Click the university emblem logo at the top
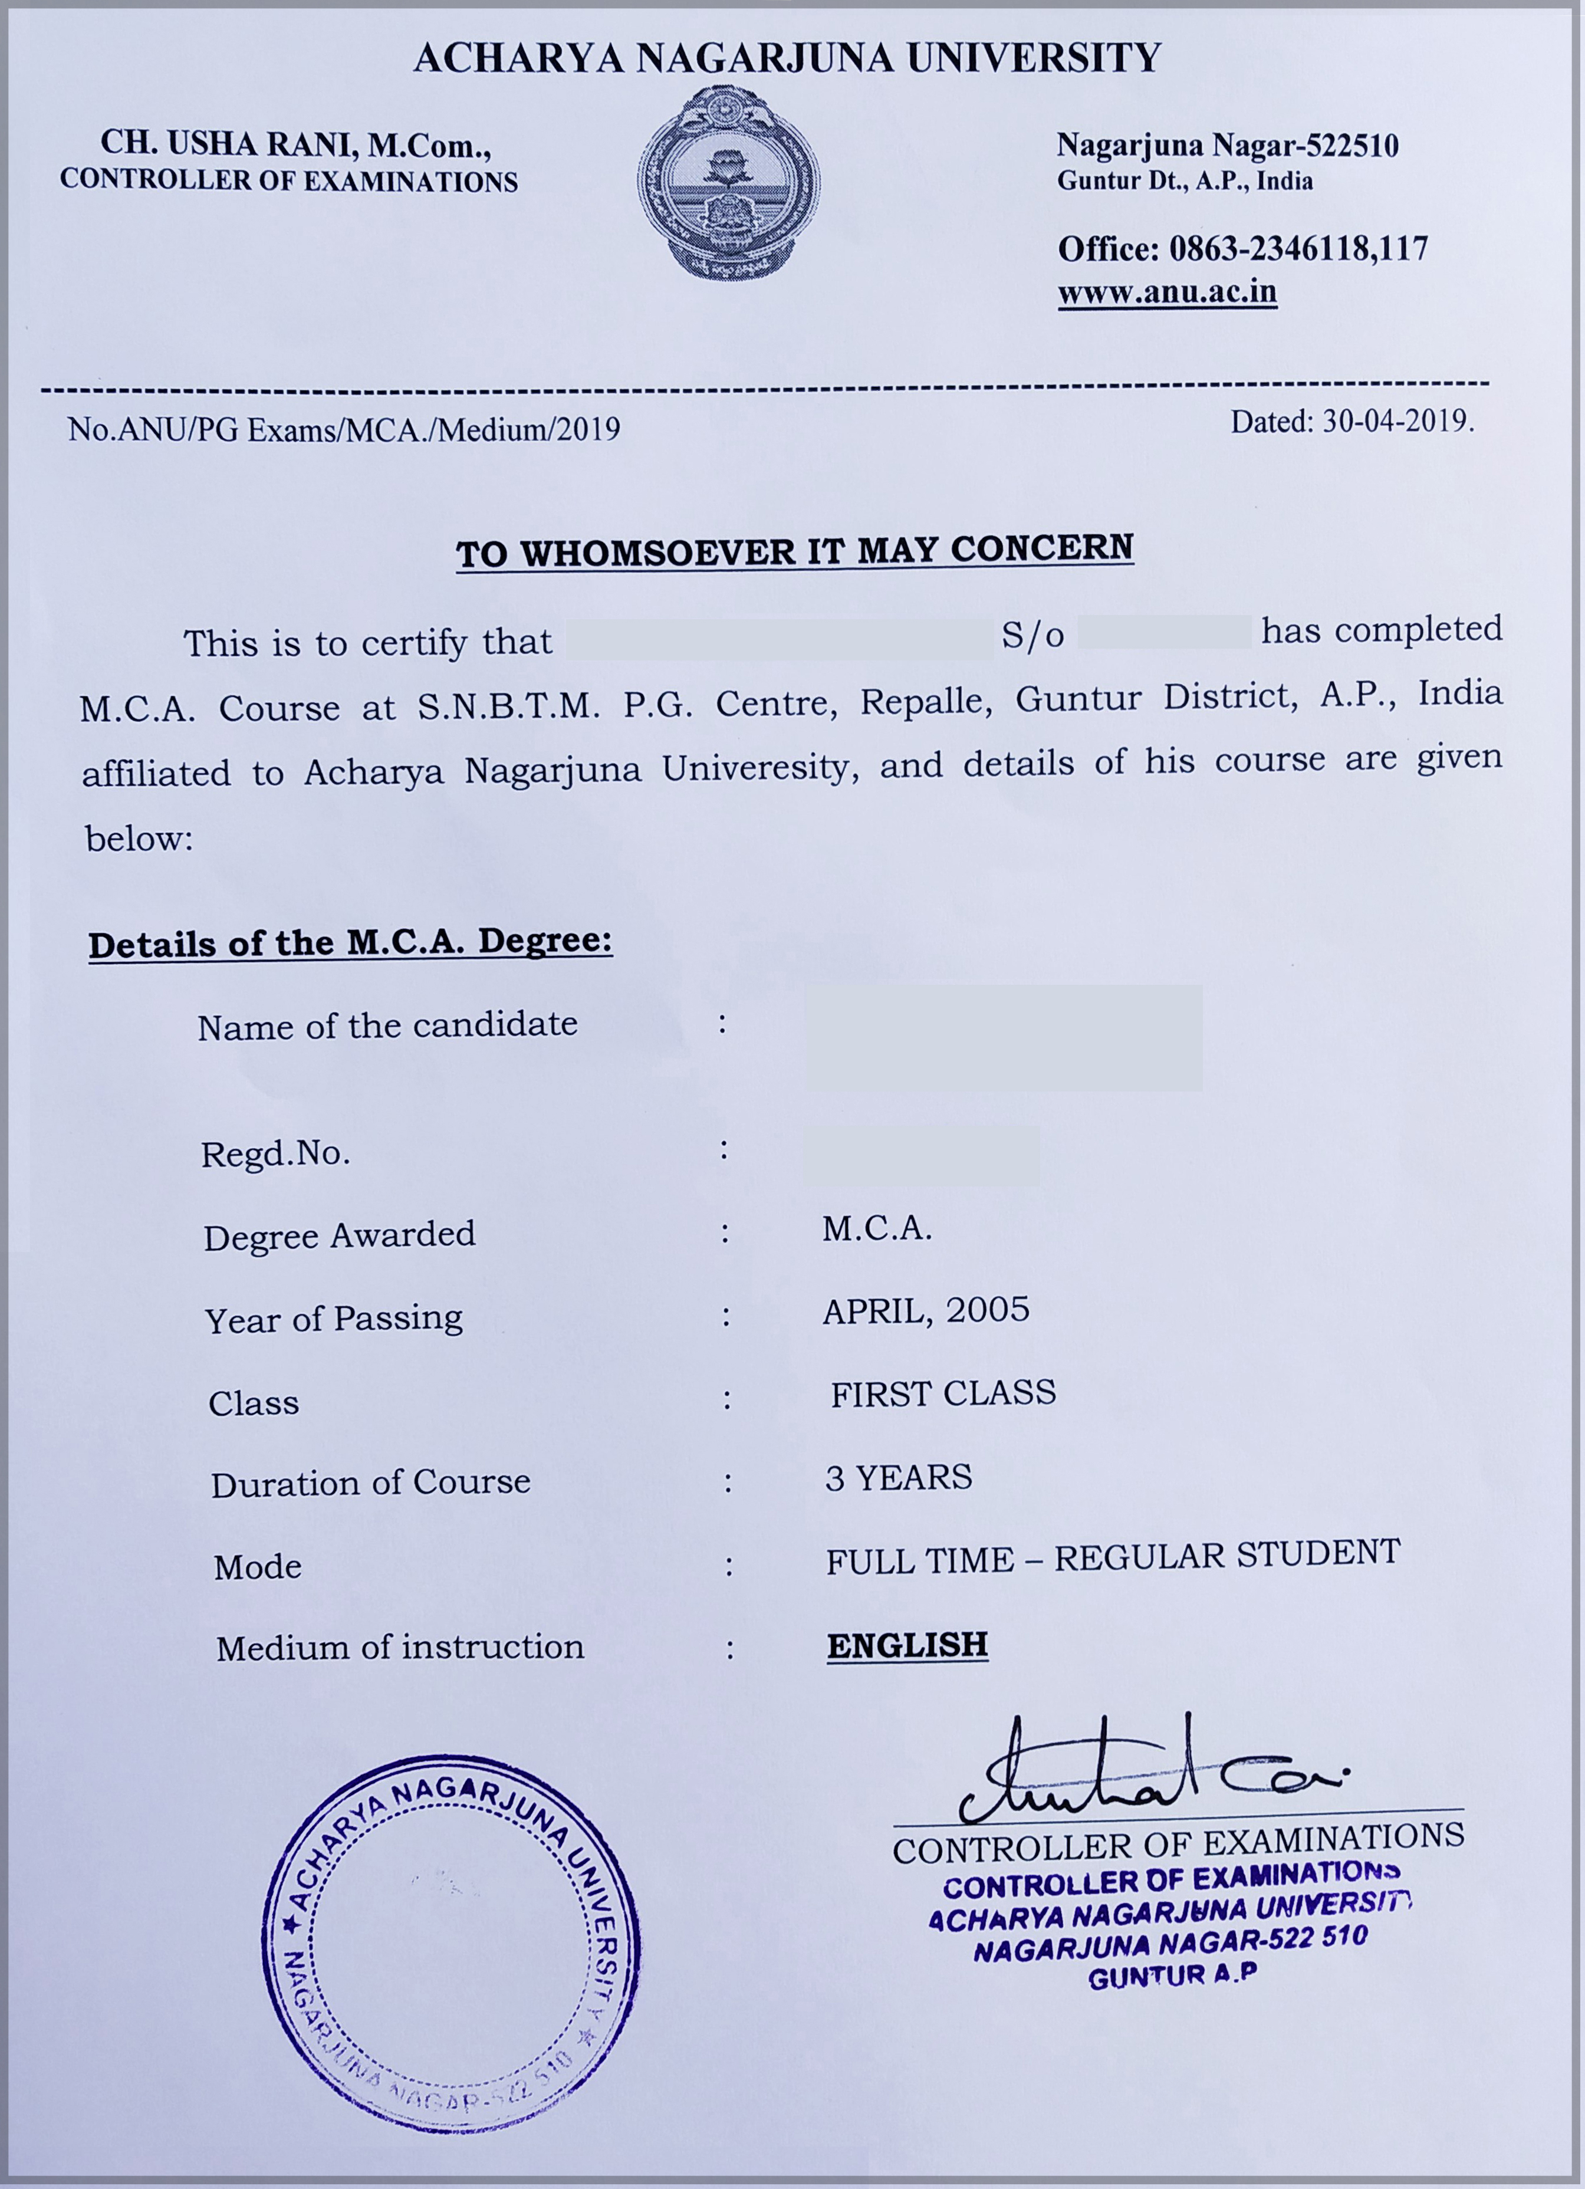(729, 183)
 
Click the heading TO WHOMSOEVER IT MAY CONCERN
(794, 551)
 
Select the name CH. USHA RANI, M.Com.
(295, 145)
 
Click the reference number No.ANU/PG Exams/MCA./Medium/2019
(344, 429)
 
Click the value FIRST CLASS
(943, 1393)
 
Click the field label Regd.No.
(275, 1153)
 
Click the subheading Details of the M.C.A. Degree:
(350, 942)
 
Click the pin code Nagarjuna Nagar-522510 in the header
(1227, 146)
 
